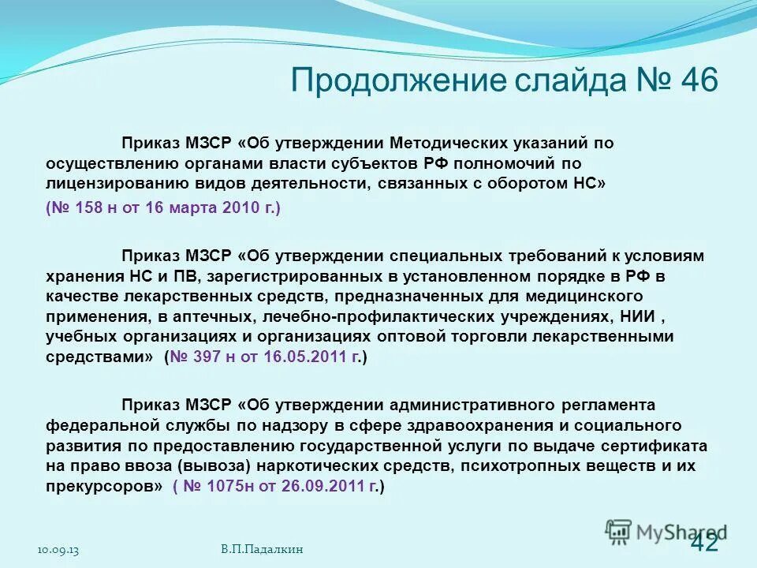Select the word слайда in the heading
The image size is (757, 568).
pos(535,80)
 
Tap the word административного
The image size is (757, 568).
pos(470,405)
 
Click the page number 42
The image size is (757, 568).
pos(704,543)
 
